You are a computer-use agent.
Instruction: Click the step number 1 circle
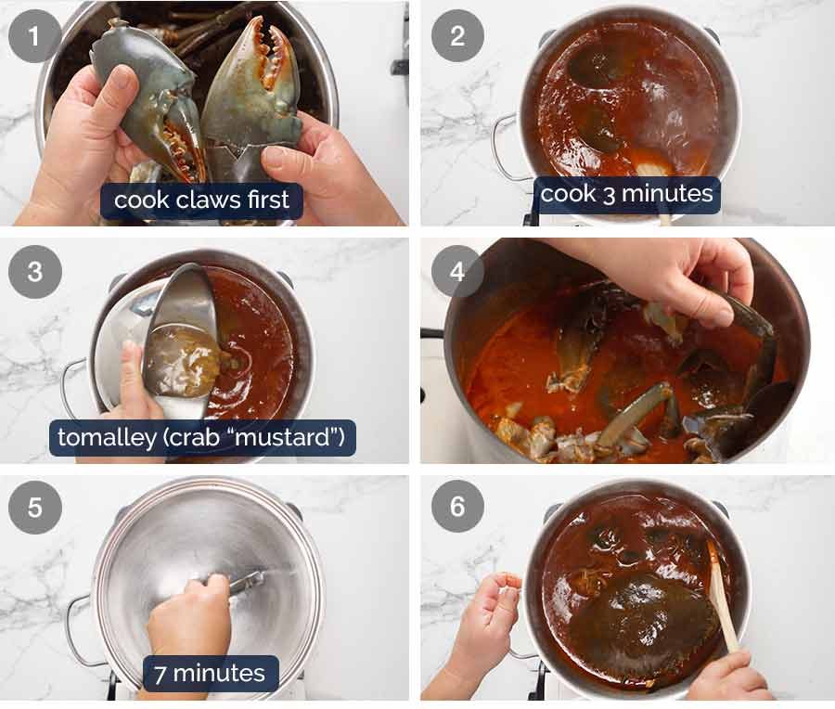pos(34,36)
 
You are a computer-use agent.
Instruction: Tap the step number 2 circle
pos(456,36)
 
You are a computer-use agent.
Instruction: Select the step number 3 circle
pos(34,272)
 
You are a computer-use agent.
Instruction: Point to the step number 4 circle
pos(456,272)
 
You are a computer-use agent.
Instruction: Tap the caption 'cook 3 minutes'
pos(626,194)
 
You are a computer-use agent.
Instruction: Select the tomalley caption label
pos(202,436)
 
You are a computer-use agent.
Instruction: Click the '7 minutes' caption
pos(210,673)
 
